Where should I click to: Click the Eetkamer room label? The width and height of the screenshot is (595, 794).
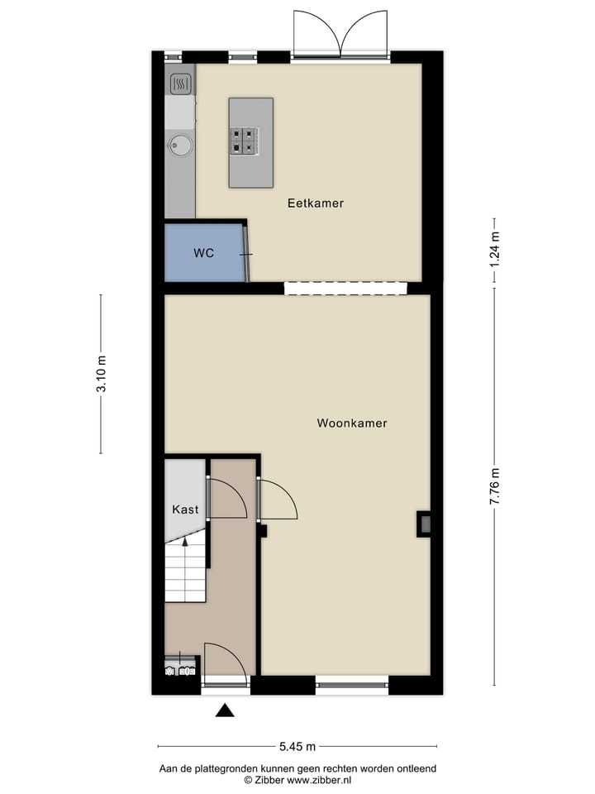tap(315, 203)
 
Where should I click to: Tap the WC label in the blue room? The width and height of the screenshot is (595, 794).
tap(203, 253)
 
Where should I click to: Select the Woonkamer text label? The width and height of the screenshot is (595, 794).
tap(352, 423)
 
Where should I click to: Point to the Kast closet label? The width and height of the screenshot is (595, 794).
tap(185, 509)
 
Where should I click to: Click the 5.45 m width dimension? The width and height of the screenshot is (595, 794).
tap(297, 747)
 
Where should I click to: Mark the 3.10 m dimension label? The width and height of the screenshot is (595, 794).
tap(102, 375)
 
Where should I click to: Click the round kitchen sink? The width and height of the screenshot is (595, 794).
tap(180, 146)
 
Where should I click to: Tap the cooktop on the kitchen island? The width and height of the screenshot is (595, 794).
tap(245, 140)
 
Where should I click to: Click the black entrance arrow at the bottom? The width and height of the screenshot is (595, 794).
tap(225, 710)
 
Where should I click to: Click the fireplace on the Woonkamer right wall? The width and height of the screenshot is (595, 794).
tap(424, 523)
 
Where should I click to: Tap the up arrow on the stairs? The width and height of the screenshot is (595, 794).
tap(185, 542)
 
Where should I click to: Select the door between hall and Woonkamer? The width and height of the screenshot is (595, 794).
tap(277, 500)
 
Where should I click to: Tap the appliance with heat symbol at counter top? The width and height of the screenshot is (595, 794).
tap(180, 83)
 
